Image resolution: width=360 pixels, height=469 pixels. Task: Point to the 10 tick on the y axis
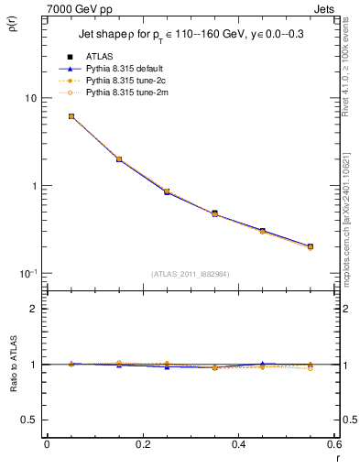(29, 98)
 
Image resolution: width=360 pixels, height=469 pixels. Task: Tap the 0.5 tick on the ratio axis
(29, 420)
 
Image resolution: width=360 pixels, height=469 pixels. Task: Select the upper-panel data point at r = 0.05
(71, 116)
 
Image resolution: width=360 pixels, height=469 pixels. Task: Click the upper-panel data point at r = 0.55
(311, 246)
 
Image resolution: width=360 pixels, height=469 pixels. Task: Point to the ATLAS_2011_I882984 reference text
(191, 273)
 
